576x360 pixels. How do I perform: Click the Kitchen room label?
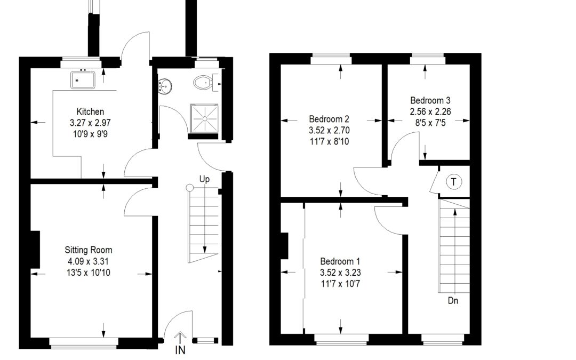(90, 111)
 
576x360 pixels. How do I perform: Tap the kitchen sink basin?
(83, 80)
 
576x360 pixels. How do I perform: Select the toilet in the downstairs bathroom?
(203, 82)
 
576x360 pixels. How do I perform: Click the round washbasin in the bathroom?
(165, 87)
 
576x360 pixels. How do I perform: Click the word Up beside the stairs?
(205, 179)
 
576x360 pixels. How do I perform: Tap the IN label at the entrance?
(180, 350)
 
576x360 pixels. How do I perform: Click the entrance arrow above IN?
(180, 338)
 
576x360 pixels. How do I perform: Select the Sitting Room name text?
(88, 250)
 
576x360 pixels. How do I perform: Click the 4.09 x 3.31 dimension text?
(88, 261)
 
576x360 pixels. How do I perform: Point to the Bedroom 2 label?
(329, 119)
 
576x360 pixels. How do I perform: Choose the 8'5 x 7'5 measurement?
(430, 123)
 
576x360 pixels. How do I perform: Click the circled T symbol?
(454, 182)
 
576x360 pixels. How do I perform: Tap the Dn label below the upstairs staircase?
(453, 300)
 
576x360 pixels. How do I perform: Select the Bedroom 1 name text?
(340, 261)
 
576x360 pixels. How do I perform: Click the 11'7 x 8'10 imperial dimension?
(329, 141)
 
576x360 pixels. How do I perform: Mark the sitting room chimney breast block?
(35, 250)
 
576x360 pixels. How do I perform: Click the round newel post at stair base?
(189, 188)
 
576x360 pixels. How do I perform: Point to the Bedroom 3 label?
(430, 100)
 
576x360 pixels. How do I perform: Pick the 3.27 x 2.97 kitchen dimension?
(90, 123)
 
